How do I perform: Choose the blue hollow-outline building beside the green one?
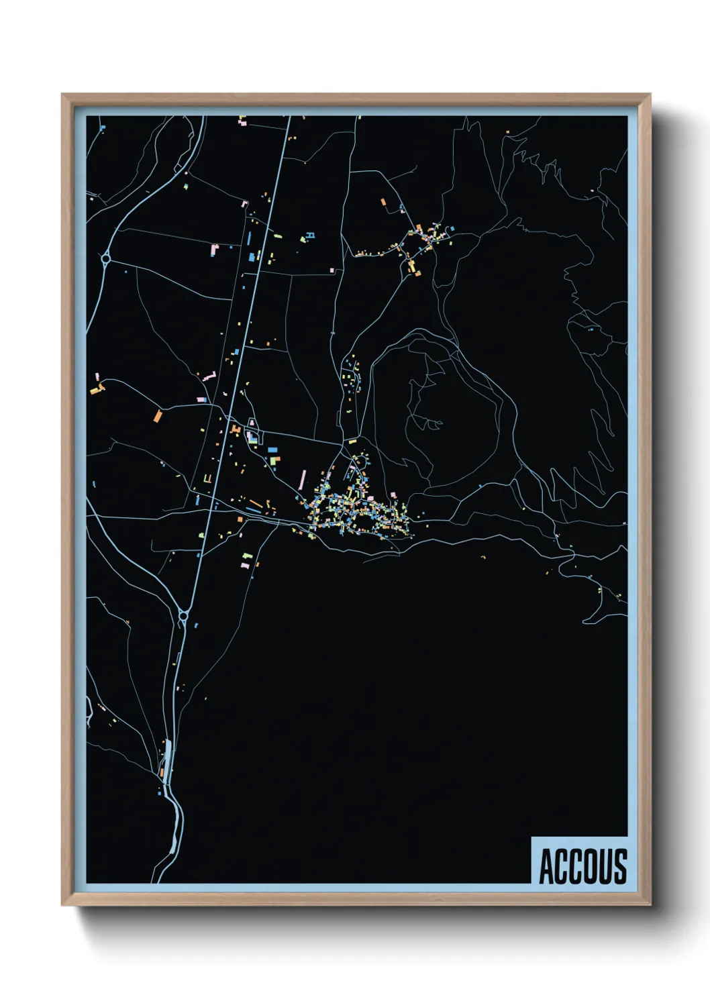309,236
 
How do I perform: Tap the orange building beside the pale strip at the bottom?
162,772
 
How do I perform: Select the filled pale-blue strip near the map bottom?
167,754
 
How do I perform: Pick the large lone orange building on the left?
158,416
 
